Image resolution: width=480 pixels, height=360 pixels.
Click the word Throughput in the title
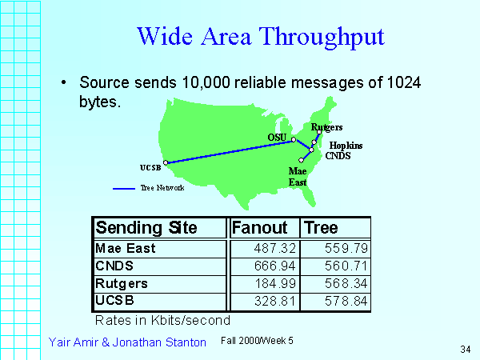coord(322,38)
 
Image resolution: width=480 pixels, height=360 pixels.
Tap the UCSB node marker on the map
coord(166,162)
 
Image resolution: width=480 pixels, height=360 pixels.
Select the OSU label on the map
coord(277,138)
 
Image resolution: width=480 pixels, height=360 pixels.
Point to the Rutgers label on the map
coord(326,127)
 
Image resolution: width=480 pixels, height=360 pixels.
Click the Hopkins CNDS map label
coord(344,150)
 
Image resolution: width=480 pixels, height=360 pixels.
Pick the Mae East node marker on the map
coord(302,160)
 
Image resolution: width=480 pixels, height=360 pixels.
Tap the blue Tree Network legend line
coord(124,189)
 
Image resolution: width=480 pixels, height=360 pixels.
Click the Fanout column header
coord(259,228)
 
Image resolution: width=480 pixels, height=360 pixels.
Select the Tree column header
coord(321,228)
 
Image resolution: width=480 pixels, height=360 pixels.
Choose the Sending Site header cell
coord(146,228)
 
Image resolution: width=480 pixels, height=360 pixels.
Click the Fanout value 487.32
coord(275,248)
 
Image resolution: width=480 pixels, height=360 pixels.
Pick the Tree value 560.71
coord(346,266)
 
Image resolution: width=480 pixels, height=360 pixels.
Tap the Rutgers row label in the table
coord(122,284)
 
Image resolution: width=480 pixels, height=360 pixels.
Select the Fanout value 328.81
coord(275,301)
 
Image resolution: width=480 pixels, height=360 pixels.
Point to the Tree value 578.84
coord(346,301)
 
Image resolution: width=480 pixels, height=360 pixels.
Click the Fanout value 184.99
coord(275,283)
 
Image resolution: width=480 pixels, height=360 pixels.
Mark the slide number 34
coord(466,350)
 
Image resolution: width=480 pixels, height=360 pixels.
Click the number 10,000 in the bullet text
coord(206,82)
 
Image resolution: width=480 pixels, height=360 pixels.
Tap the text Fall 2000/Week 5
coord(257,341)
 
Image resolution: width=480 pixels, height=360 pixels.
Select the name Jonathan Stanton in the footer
coord(159,342)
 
